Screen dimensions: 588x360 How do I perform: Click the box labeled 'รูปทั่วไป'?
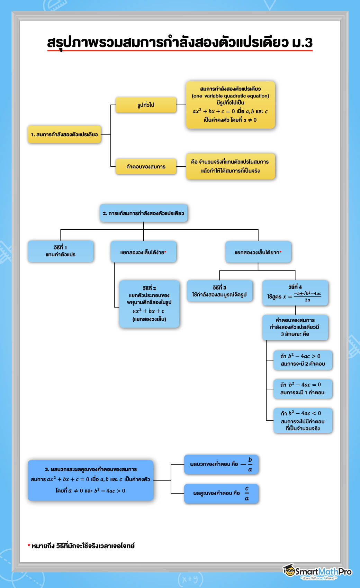coord(146,105)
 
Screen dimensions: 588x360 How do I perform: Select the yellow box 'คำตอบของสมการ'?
coord(146,166)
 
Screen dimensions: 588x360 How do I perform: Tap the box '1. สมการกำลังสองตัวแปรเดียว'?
coord(64,134)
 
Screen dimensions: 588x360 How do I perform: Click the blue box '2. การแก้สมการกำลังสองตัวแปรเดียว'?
coord(143,213)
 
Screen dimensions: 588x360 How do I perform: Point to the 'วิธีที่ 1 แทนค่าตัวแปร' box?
coord(61,251)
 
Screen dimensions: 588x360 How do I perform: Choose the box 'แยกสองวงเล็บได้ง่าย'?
coord(143,252)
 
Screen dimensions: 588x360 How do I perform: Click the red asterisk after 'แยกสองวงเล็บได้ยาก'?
coord(280,252)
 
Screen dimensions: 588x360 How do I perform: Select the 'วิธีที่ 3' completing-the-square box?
coord(219,291)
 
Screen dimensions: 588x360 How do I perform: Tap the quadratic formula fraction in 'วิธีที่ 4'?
coord(307,296)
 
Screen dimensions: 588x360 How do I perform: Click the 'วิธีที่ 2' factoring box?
coord(149,304)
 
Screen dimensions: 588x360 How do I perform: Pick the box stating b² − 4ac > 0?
coord(303,360)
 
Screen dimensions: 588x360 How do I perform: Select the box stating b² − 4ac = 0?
coord(303,389)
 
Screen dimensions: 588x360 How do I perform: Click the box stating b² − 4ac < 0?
coord(303,420)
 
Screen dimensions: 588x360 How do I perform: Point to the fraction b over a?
coord(250,465)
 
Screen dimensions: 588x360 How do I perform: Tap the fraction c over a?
coord(247,494)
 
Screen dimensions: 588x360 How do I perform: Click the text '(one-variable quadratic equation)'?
coord(230,96)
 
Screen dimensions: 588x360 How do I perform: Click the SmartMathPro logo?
coord(317,571)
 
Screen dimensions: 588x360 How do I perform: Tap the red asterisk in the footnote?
coord(29,545)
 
